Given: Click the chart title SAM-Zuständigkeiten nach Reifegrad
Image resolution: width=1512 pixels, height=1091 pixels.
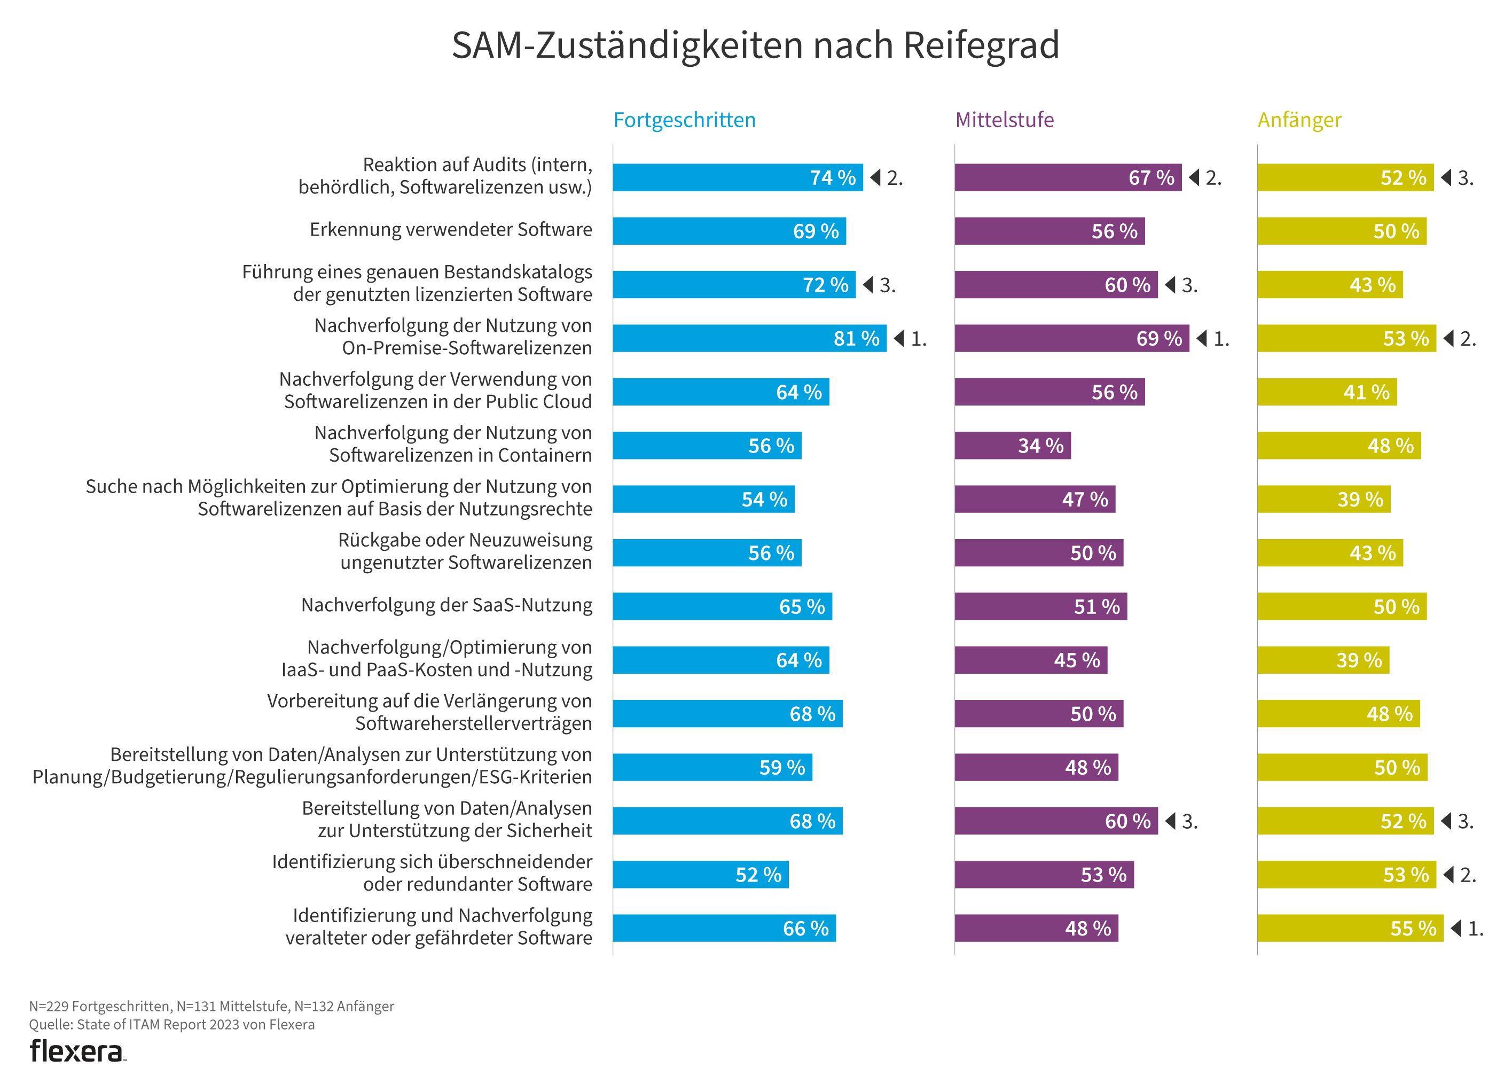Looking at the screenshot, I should pyautogui.click(x=755, y=45).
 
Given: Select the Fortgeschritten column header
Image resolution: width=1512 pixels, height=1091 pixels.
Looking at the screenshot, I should pyautogui.click(x=684, y=120).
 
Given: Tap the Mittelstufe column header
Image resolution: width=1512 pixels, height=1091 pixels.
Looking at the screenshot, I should pyautogui.click(x=1004, y=120).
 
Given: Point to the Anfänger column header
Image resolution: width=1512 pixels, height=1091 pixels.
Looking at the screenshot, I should pyautogui.click(x=1299, y=120).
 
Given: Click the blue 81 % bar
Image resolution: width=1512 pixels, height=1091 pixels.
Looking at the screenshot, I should pyautogui.click(x=749, y=338).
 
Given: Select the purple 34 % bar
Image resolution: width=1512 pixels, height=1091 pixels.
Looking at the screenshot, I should pyautogui.click(x=1012, y=446).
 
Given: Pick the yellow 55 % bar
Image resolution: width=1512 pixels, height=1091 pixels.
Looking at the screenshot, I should pyautogui.click(x=1350, y=928).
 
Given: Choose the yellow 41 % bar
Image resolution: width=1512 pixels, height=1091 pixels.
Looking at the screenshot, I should pyautogui.click(x=1327, y=392).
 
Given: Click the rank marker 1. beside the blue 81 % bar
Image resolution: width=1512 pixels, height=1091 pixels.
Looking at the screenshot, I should pyautogui.click(x=911, y=339).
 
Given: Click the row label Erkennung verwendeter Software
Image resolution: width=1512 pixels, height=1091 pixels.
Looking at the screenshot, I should pyautogui.click(x=451, y=229).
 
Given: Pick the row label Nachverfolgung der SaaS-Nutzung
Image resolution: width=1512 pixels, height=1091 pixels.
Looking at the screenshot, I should pyautogui.click(x=446, y=605).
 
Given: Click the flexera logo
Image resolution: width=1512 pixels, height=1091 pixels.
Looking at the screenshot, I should pyautogui.click(x=77, y=1051).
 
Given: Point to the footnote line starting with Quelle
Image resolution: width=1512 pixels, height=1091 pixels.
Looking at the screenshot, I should pyautogui.click(x=171, y=1024).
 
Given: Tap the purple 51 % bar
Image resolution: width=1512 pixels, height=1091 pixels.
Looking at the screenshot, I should pyautogui.click(x=1040, y=606).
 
